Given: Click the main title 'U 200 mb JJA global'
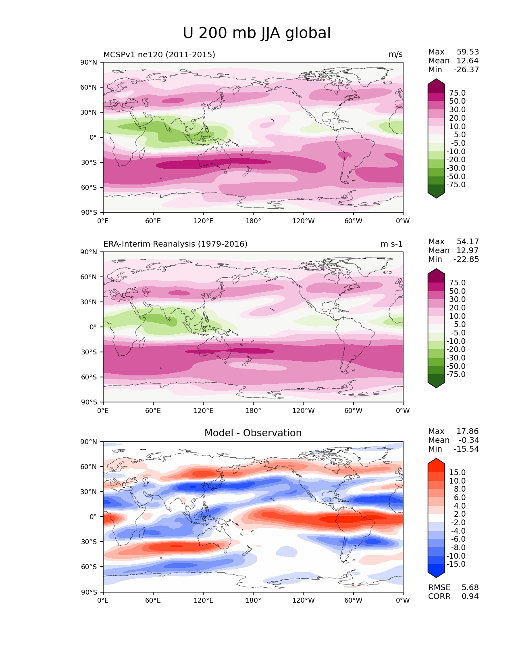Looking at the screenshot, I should pos(256,33).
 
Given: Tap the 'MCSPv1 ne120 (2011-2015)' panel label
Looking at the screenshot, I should pos(159,54).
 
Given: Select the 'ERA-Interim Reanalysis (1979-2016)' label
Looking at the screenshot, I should pos(175,244).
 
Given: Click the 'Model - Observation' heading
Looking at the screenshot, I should pos(253,433).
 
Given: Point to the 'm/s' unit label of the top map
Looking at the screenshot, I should pos(395,54).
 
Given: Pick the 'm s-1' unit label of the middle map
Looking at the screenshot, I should pos(391,244).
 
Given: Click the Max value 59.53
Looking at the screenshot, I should pos(468,52).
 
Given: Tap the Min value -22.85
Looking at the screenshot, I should pos(466,260).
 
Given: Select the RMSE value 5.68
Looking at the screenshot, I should pos(470,588).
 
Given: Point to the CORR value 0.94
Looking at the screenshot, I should pos(470,597).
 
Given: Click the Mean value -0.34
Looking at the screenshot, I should pos(469,440).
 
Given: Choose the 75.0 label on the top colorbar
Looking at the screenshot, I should pos(457,93).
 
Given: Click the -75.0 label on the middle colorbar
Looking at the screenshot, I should pos(456,375).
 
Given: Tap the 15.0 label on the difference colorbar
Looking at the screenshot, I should pos(457,473).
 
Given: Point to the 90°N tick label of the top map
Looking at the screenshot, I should pos(89,63).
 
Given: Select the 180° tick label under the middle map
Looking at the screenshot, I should pos(253,411).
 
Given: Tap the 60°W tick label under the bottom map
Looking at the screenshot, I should pos(353,601).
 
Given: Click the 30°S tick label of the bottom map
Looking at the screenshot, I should pos(89,542).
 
